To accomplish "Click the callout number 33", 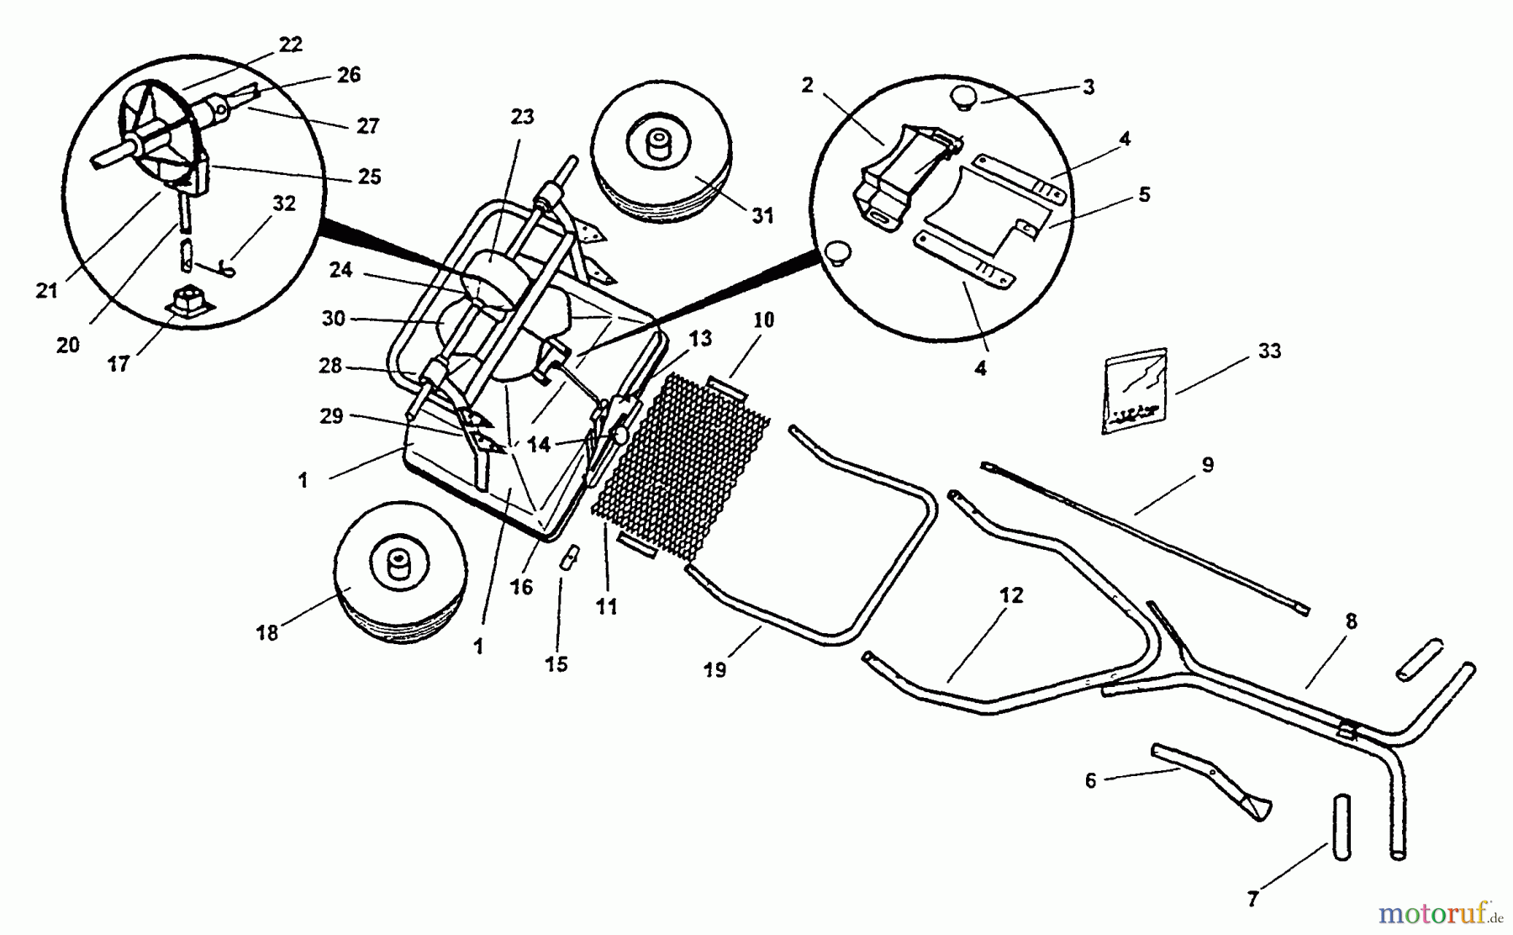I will pos(1269,351).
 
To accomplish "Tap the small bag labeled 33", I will pos(1134,391).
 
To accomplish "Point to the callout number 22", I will pos(290,45).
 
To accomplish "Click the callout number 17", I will pos(119,363).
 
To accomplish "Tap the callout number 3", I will pos(1089,87).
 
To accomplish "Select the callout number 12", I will pos(1011,595).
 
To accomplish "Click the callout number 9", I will pos(1207,465).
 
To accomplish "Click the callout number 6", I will pos(1090,780).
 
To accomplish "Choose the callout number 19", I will pos(714,670).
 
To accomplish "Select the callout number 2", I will pos(808,85).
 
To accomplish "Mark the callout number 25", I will pos(369,177).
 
